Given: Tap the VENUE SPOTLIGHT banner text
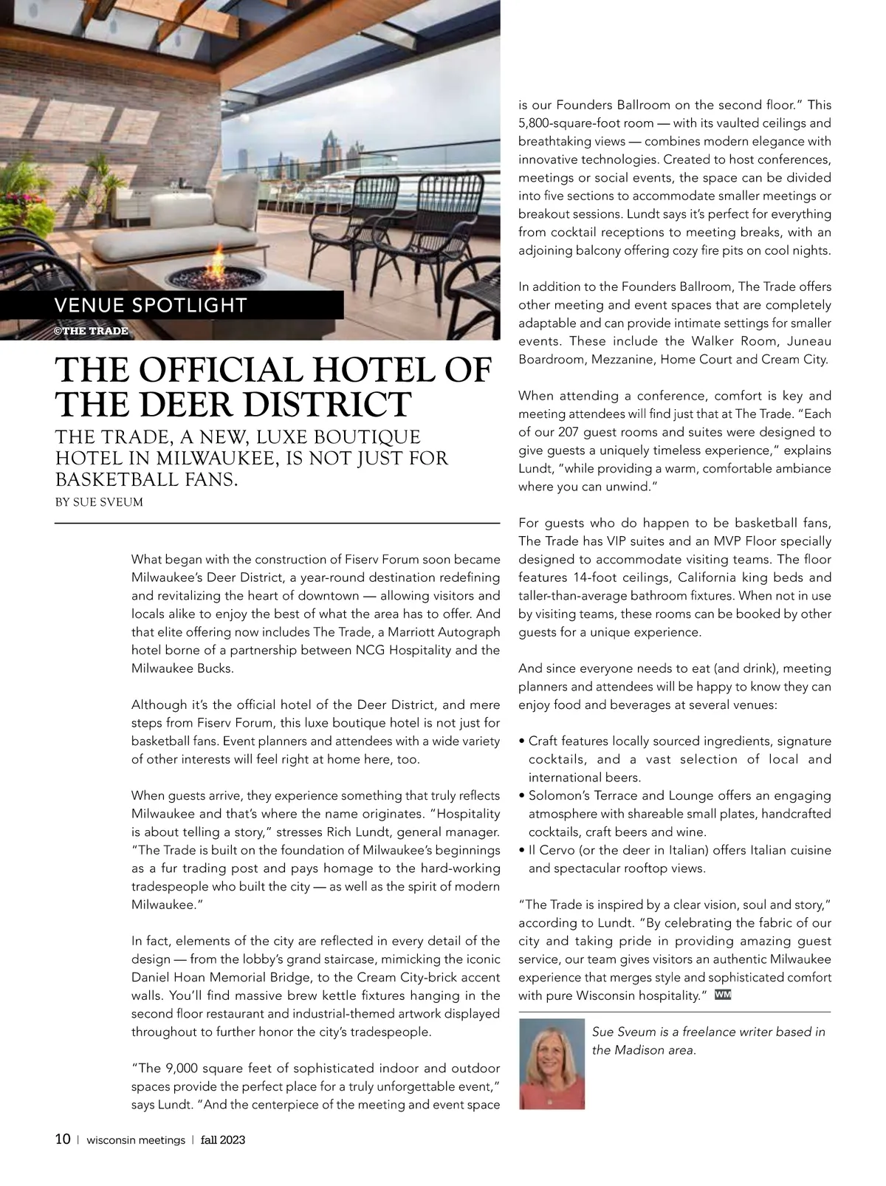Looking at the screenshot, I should [x=151, y=305].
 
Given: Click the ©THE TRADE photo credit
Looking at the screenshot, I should [x=92, y=330].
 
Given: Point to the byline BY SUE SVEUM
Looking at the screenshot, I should [x=99, y=502].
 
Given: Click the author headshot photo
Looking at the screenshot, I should [x=552, y=1063].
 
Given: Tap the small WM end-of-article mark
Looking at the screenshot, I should [x=723, y=994].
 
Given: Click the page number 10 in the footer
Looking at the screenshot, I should [x=63, y=1139].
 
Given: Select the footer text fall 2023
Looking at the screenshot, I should [x=223, y=1139].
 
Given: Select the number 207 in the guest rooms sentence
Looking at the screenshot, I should [x=569, y=432].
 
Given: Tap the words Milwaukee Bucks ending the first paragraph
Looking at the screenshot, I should [x=182, y=668].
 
